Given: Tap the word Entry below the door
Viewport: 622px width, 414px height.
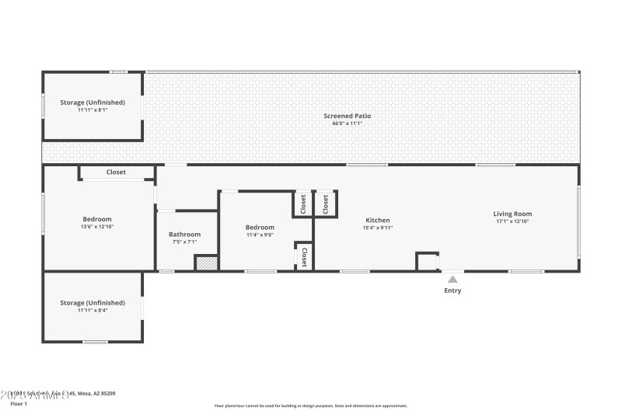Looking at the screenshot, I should [x=453, y=290].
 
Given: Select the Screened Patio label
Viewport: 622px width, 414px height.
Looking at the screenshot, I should [x=347, y=116].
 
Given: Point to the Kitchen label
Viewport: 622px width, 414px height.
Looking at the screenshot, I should [x=378, y=220].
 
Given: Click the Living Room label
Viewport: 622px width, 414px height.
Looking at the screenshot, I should [x=512, y=214].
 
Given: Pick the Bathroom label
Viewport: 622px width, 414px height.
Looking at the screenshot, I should [x=185, y=234].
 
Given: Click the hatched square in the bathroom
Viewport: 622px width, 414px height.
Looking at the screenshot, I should [x=205, y=263].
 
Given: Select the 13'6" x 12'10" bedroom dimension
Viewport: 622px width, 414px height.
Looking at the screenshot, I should [x=97, y=227].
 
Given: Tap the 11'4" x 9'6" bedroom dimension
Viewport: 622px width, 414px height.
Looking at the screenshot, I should [x=260, y=235].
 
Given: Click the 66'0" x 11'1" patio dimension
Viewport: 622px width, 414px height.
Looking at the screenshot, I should [x=347, y=124].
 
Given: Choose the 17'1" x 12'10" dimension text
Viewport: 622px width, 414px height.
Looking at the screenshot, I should [x=512, y=221].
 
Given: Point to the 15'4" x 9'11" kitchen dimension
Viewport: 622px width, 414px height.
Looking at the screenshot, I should [x=378, y=228].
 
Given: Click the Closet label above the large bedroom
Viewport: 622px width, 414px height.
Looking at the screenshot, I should [x=116, y=172].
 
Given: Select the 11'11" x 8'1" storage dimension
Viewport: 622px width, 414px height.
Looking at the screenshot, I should [x=93, y=110].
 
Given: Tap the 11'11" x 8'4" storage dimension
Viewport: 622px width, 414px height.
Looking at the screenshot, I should [x=93, y=310].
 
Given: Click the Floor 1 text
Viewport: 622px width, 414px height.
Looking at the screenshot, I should [x=19, y=404].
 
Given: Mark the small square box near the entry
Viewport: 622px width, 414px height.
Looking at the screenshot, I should [x=427, y=261].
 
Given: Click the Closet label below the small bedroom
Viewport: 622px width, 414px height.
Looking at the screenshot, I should [x=303, y=258].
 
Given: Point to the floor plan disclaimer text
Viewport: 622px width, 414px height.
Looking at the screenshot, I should [x=311, y=405].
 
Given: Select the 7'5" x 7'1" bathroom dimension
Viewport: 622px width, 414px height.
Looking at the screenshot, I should [x=185, y=242].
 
